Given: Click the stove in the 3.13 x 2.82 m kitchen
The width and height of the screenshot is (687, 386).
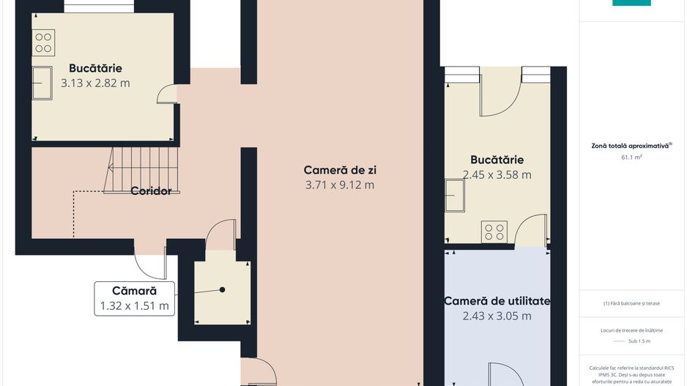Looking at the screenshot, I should [x=43, y=42].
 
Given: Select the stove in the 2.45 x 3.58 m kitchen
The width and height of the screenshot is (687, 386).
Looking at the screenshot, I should [x=494, y=232].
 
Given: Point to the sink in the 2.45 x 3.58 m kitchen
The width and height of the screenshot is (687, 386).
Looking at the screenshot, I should [x=456, y=196].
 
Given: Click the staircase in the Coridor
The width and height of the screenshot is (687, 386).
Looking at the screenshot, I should [x=142, y=170].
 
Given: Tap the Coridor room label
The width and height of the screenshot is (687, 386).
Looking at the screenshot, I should [x=151, y=191].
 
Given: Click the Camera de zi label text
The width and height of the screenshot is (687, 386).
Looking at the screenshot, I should [x=340, y=170].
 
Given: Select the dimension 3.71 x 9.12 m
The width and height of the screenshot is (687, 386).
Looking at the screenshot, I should [x=340, y=185].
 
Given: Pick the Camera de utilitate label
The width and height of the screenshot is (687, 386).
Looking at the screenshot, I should [x=497, y=301].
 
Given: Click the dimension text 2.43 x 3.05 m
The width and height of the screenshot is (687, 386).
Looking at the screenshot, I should [x=497, y=316].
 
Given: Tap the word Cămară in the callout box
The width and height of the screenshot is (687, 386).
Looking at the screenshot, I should [x=134, y=291].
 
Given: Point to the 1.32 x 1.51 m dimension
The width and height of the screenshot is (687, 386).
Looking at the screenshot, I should [x=134, y=306].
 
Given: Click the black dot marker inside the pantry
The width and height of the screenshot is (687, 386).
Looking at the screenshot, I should [x=222, y=289].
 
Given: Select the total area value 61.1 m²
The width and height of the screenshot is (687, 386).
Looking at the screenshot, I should [x=631, y=157].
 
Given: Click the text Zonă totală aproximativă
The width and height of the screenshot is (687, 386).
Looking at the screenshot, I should [x=630, y=146].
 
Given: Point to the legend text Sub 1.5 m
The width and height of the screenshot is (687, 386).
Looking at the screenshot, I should [x=639, y=341].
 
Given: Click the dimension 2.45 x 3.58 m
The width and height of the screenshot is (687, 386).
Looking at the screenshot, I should [x=497, y=175].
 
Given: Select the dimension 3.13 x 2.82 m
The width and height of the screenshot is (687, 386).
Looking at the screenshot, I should [x=95, y=83].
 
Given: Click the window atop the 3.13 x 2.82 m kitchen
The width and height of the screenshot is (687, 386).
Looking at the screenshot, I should [x=99, y=7].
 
